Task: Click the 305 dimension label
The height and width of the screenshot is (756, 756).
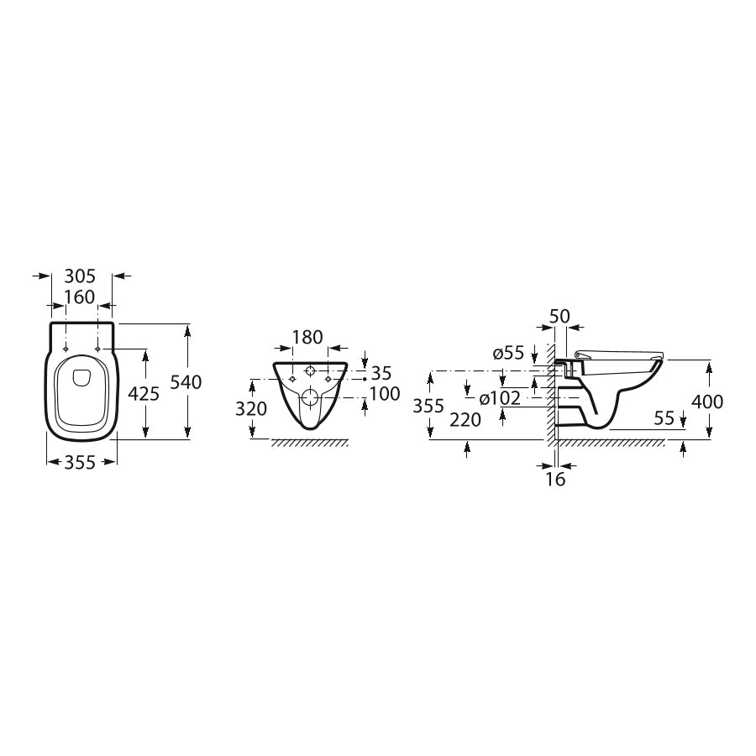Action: (81, 276)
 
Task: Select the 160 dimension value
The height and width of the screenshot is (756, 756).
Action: (80, 297)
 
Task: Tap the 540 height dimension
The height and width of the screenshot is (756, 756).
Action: (186, 382)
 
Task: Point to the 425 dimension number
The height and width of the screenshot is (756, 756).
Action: (143, 394)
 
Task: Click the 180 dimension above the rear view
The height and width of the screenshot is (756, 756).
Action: (307, 337)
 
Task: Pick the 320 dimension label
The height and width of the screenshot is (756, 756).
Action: (250, 409)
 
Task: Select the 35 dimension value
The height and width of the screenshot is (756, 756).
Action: (381, 373)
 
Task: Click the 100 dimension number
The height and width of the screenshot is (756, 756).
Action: (385, 394)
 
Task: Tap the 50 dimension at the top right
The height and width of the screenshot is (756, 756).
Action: (559, 317)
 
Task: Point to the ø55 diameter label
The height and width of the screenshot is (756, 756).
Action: (508, 353)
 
